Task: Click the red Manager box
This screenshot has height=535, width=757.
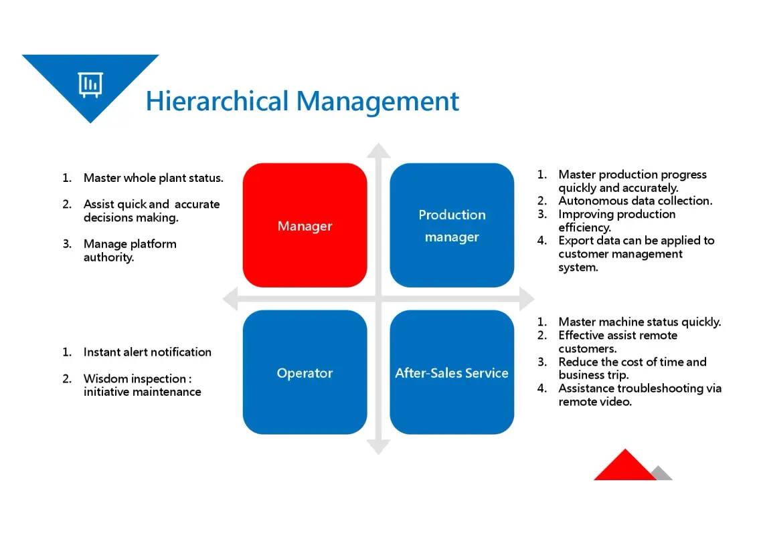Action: click(305, 225)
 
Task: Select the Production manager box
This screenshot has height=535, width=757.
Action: click(452, 225)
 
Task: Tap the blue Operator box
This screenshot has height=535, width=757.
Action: click(305, 372)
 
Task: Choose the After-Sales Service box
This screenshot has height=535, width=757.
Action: click(452, 372)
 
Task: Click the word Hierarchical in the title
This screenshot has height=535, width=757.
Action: click(217, 101)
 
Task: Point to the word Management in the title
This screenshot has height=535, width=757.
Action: click(377, 102)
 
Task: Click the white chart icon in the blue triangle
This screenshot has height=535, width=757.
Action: click(90, 84)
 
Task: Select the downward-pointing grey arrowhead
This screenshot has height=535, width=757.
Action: click(379, 447)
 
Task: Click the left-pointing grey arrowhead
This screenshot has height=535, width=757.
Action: click(230, 299)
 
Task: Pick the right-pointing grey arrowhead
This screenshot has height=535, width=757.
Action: click(527, 299)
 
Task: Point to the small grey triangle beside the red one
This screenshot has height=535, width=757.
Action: click(663, 473)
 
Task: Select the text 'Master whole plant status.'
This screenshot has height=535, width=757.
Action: click(153, 178)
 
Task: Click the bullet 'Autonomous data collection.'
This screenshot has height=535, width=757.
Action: click(635, 201)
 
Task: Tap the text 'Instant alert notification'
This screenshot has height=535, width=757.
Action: click(147, 352)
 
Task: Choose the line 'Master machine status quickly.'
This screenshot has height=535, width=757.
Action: click(640, 322)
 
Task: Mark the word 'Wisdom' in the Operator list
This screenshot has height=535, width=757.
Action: click(106, 379)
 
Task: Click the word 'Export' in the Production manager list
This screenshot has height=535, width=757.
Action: click(576, 241)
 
